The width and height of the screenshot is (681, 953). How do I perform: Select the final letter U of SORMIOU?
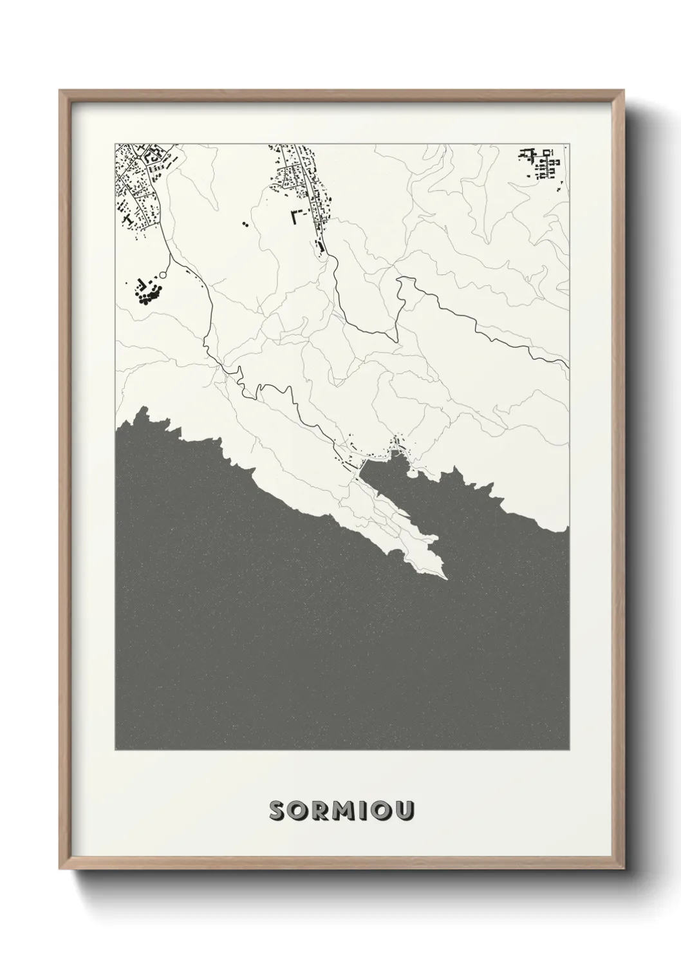403,811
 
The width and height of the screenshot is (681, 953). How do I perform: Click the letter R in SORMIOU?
319,811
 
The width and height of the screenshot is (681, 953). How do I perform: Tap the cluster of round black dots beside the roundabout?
146,293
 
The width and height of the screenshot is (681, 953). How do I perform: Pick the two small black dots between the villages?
245,225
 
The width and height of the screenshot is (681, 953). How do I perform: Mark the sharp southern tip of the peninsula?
444,577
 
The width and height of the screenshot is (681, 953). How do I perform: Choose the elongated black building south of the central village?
319,247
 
